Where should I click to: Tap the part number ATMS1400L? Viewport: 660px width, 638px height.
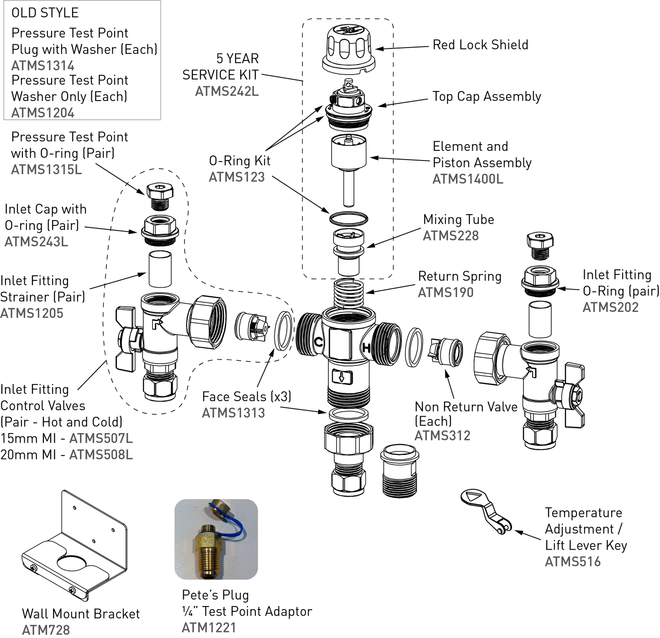(468, 179)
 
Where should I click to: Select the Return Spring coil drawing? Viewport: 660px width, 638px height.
(348, 293)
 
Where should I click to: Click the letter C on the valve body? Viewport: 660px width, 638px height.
(318, 342)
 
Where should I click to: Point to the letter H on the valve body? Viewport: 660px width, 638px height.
(366, 348)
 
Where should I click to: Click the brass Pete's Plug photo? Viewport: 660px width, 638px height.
(216, 540)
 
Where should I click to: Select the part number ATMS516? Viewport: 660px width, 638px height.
(573, 562)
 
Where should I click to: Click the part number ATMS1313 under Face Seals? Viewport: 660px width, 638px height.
(233, 413)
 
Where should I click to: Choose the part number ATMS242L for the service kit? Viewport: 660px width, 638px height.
(227, 91)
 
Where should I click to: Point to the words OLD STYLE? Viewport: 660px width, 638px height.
(45, 13)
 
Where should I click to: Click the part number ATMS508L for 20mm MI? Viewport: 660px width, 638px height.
(101, 455)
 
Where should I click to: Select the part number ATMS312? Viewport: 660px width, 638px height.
(442, 435)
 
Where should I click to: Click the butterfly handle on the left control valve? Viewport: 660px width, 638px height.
(127, 338)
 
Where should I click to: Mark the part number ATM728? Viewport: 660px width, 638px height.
(46, 630)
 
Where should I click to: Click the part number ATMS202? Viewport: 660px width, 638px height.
(611, 307)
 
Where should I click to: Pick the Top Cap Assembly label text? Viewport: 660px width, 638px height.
(486, 97)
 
